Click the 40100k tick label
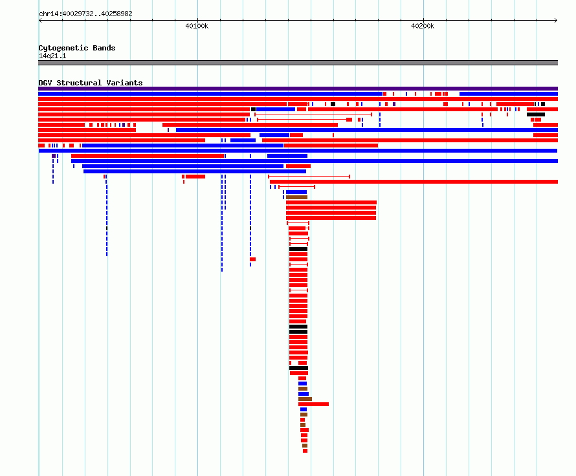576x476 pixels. [x=197, y=26]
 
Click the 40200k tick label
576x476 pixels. [x=423, y=26]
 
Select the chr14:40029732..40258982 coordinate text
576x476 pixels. [x=85, y=14]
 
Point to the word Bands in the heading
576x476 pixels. [x=104, y=48]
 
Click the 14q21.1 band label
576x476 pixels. [x=52, y=56]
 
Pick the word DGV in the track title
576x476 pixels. [x=45, y=83]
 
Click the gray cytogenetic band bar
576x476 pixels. [x=298, y=63]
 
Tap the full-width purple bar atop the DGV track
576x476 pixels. [x=298, y=89]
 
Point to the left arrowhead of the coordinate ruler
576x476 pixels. [x=40, y=21]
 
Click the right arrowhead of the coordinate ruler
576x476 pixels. [x=556, y=21]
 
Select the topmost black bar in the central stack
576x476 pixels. [x=298, y=249]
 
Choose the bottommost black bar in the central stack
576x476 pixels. [x=298, y=368]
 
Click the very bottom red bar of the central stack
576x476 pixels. [x=305, y=451]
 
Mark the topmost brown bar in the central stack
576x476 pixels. [x=296, y=197]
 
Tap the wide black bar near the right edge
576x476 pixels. [x=536, y=114]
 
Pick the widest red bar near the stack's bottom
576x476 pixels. [x=313, y=404]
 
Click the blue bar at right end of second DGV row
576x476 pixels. [x=509, y=94]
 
